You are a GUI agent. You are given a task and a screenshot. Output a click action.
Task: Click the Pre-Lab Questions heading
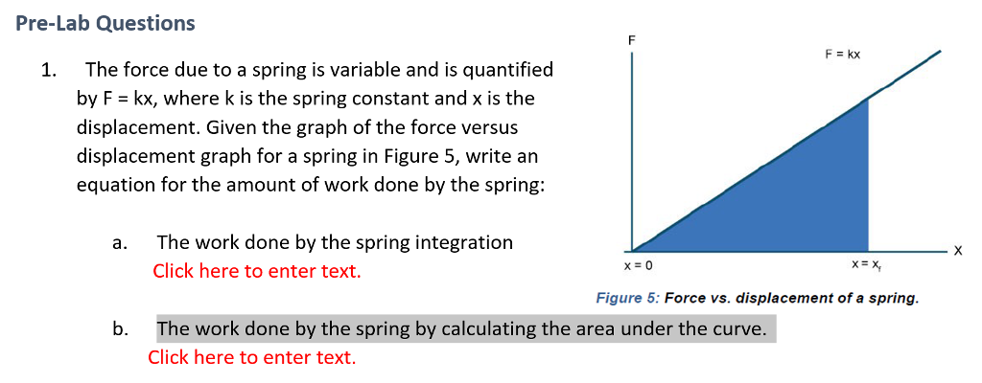coord(105,23)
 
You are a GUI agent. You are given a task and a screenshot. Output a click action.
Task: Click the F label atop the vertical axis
coord(631,40)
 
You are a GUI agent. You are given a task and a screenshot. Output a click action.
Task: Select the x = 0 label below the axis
coord(638,265)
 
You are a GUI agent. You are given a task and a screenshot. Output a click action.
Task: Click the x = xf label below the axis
coord(869,265)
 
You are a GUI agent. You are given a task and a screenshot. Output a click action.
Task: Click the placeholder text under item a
coord(257,271)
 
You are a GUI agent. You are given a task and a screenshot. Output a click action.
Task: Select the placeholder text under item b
coord(251,357)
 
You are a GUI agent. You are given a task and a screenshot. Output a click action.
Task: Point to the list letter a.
coord(119,243)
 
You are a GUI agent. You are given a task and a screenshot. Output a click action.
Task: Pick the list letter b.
coord(119,329)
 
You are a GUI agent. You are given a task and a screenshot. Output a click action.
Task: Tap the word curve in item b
coord(738,329)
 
